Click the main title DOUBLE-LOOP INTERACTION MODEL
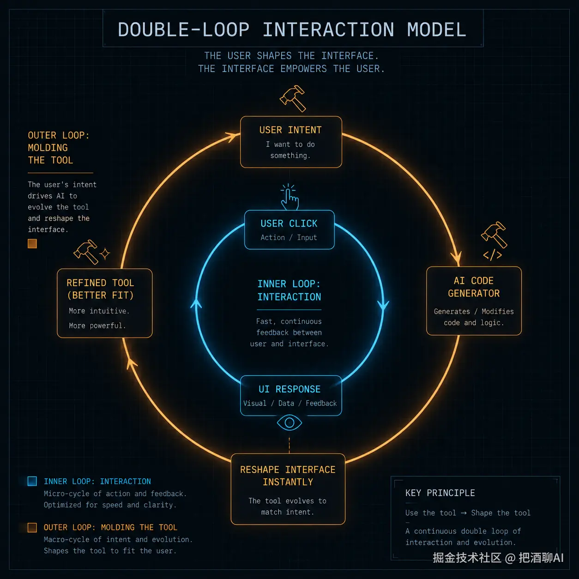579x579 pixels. [292, 30]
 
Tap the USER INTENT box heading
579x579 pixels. [290, 130]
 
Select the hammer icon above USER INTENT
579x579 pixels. [293, 98]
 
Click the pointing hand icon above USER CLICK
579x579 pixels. [289, 197]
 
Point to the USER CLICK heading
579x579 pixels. [289, 223]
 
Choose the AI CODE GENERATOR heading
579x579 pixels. [474, 287]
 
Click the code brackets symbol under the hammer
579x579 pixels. [493, 255]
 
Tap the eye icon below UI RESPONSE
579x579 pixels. [289, 423]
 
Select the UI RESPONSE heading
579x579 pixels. [289, 389]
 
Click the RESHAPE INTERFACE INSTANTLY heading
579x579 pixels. [288, 476]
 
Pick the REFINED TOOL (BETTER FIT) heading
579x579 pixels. [100, 289]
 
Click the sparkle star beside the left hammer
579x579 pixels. [105, 253]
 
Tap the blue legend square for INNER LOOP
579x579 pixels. [32, 481]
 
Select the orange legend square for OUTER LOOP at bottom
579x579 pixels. [32, 527]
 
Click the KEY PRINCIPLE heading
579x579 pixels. [440, 493]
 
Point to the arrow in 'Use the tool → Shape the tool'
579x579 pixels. [464, 513]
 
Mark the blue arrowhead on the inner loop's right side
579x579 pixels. [383, 305]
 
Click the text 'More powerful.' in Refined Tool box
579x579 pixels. [97, 326]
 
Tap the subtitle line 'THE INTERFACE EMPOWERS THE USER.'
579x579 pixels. [291, 69]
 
